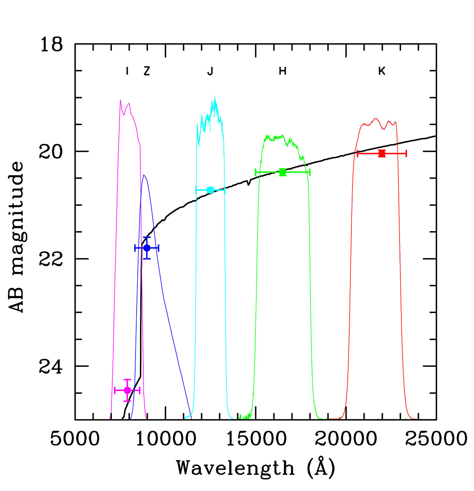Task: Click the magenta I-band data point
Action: [x=127, y=390]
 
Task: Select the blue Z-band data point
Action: [x=147, y=248]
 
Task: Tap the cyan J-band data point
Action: [x=210, y=190]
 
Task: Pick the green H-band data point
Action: [x=283, y=172]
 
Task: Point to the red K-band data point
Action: [x=382, y=153]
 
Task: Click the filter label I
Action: [x=127, y=71]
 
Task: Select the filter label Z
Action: [x=147, y=71]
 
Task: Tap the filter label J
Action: [x=210, y=71]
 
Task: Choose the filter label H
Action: [x=283, y=71]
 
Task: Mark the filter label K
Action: [x=382, y=71]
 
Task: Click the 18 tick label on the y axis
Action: [x=51, y=45]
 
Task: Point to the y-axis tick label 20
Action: [x=51, y=152]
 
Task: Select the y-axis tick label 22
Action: [x=51, y=259]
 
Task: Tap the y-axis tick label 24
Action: [x=51, y=366]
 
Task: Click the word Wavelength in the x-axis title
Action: [x=236, y=468]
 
